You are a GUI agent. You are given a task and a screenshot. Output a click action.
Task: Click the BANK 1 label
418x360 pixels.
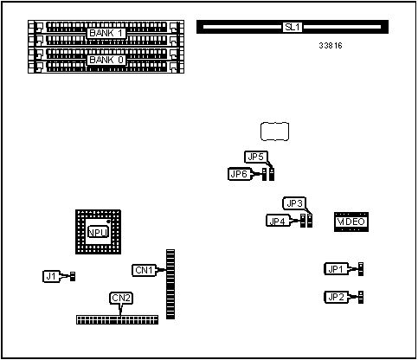click(x=107, y=33)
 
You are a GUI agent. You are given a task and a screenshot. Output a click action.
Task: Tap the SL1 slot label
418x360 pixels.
click(x=292, y=27)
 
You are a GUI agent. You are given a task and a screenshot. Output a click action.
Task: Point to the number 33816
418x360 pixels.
click(x=330, y=45)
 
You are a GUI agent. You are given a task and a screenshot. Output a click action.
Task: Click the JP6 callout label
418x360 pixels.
click(x=239, y=174)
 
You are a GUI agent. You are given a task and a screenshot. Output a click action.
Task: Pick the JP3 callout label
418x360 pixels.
click(x=295, y=203)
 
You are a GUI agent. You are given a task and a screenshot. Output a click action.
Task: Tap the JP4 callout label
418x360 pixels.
click(x=278, y=221)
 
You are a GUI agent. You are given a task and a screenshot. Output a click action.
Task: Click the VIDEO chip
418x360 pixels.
click(x=351, y=222)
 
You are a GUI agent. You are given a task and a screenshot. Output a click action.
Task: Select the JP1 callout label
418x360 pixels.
click(x=336, y=269)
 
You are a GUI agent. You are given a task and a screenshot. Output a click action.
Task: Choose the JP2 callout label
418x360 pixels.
click(x=336, y=298)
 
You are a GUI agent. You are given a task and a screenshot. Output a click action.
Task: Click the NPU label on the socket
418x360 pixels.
click(x=98, y=232)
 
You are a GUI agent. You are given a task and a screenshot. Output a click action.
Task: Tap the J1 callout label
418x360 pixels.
click(x=51, y=276)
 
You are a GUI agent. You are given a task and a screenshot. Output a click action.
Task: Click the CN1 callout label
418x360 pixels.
click(x=144, y=270)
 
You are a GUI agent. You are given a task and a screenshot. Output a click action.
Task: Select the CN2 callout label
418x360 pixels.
click(x=122, y=299)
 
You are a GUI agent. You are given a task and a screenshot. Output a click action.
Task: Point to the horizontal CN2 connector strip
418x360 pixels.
click(x=118, y=319)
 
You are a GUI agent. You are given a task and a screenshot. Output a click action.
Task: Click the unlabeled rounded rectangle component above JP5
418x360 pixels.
click(x=273, y=132)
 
